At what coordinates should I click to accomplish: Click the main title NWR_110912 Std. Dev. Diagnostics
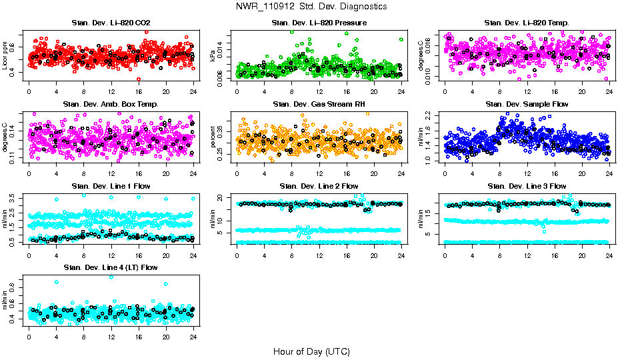click(311, 6)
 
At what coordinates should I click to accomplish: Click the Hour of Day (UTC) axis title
click(311, 351)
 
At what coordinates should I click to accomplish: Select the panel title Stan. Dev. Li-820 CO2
click(111, 23)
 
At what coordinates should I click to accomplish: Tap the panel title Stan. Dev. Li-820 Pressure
click(319, 23)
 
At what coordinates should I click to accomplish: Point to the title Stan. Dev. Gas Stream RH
click(319, 105)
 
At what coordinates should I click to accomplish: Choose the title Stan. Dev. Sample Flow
click(527, 105)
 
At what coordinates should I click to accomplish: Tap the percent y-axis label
click(213, 137)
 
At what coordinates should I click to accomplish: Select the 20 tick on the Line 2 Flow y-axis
click(222, 198)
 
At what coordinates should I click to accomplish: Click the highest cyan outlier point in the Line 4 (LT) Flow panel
click(111, 277)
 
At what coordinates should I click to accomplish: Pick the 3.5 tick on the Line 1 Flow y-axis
click(14, 198)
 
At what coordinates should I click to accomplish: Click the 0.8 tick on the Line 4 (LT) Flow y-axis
click(14, 287)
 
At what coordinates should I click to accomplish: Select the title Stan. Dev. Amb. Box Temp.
click(111, 105)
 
